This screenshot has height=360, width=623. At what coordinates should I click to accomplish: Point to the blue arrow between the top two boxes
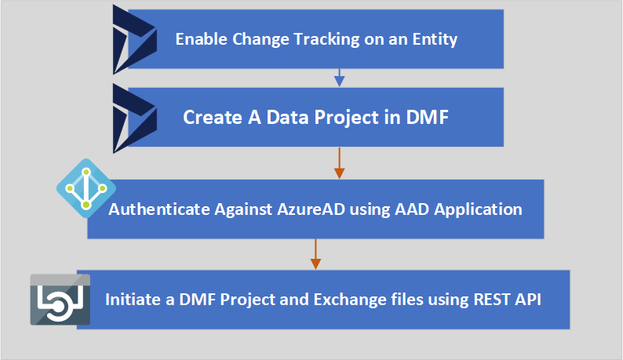(x=339, y=77)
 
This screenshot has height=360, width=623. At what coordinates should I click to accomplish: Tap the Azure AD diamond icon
(x=86, y=188)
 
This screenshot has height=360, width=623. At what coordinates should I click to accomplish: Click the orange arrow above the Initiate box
(x=315, y=253)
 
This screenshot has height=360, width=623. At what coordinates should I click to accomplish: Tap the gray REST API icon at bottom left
(x=60, y=300)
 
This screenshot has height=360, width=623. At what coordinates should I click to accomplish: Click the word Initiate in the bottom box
(x=131, y=300)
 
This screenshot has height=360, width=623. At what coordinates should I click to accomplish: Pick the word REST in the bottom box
(x=488, y=300)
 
